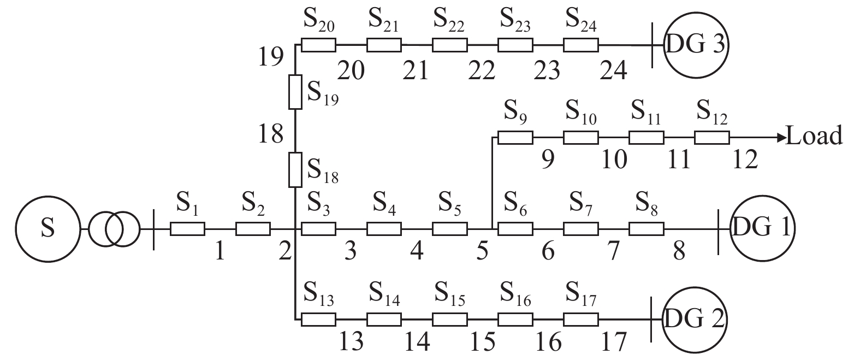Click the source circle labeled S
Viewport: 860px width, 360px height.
tap(48, 228)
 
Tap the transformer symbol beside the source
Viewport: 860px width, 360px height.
tap(114, 228)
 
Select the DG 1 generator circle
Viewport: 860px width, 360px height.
tap(762, 228)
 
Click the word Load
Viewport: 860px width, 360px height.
tap(814, 135)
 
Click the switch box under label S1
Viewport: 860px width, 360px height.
tap(187, 229)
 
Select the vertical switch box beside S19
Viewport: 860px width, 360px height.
tap(295, 92)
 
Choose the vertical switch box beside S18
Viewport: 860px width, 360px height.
tap(295, 169)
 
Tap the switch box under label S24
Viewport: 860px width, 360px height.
tap(580, 45)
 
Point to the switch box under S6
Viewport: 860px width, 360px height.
tap(515, 229)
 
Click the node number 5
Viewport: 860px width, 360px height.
tap(482, 252)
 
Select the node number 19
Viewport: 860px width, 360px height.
tap(271, 56)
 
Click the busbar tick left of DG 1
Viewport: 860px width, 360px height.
tap(718, 228)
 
